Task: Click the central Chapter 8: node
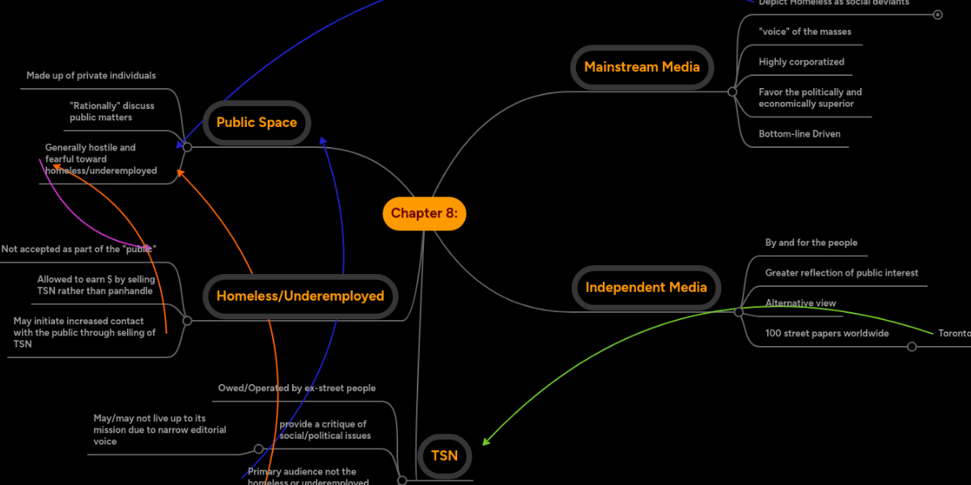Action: tap(424, 213)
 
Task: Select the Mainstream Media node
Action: tap(642, 67)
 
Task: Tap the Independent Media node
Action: tap(646, 287)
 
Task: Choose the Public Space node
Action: tap(257, 123)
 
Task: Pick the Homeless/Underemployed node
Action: tap(300, 296)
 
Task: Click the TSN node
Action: tap(444, 455)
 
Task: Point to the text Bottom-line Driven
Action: tap(799, 134)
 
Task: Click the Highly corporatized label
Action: tap(801, 62)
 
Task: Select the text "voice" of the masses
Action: tap(804, 32)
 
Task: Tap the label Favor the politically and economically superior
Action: tap(810, 98)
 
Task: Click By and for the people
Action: tap(811, 242)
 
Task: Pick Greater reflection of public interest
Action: tap(842, 273)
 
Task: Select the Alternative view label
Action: tap(800, 303)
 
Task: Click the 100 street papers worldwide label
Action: tap(827, 333)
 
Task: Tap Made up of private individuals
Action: tap(91, 76)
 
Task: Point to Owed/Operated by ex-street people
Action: tap(297, 388)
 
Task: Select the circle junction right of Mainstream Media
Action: tap(732, 92)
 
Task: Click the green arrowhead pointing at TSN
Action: tap(485, 442)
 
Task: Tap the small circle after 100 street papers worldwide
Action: tap(912, 347)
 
